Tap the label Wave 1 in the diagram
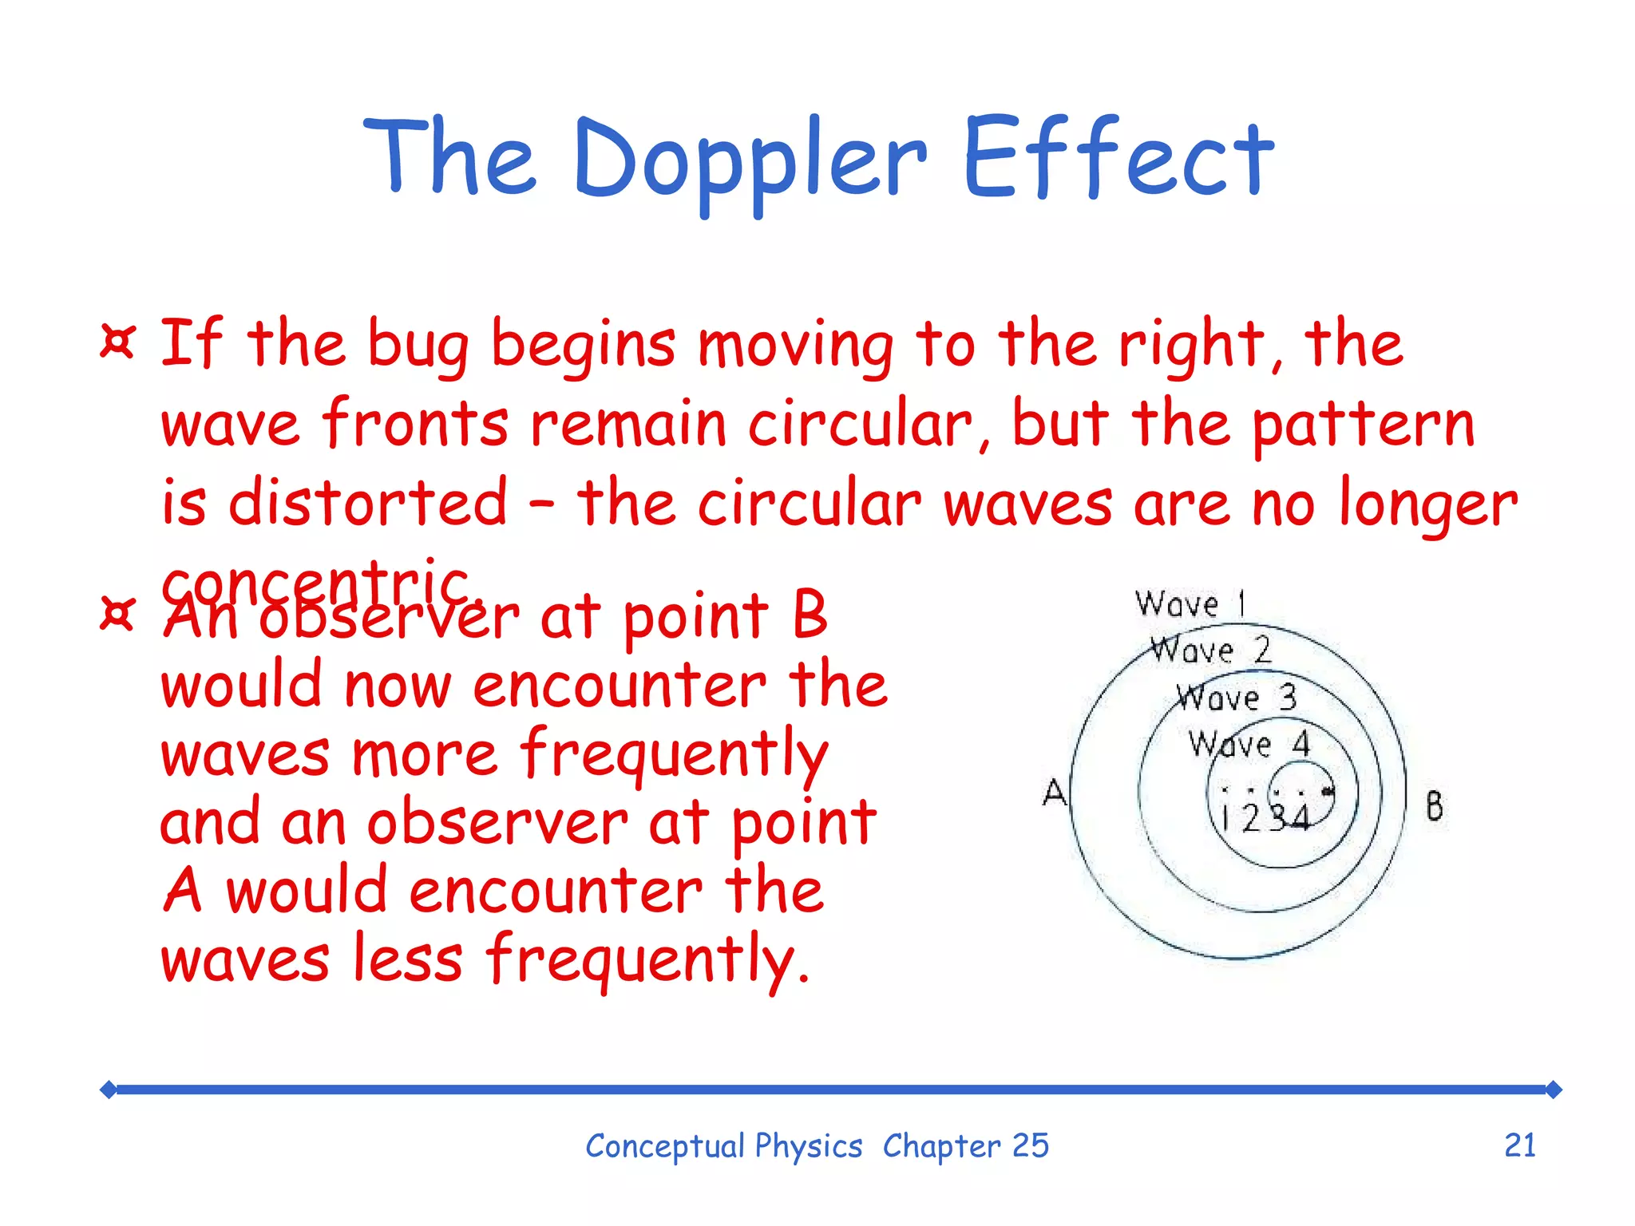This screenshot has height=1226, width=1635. (x=1190, y=604)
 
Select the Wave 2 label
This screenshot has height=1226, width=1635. (x=1210, y=651)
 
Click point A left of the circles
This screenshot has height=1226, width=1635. (x=1055, y=793)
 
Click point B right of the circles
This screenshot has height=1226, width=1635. (x=1434, y=805)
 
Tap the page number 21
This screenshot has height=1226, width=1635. (x=1519, y=1145)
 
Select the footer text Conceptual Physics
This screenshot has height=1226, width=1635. (x=723, y=1146)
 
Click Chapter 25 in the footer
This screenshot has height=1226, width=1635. (x=965, y=1146)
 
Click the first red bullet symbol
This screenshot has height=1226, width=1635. (x=117, y=342)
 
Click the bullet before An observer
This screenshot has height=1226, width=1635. (x=117, y=614)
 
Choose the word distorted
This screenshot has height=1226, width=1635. (x=367, y=503)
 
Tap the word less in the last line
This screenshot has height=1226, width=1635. (x=407, y=959)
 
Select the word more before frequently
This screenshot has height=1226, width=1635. (x=425, y=754)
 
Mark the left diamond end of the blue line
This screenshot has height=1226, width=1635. (x=109, y=1090)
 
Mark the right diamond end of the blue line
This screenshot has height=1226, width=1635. (x=1553, y=1090)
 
